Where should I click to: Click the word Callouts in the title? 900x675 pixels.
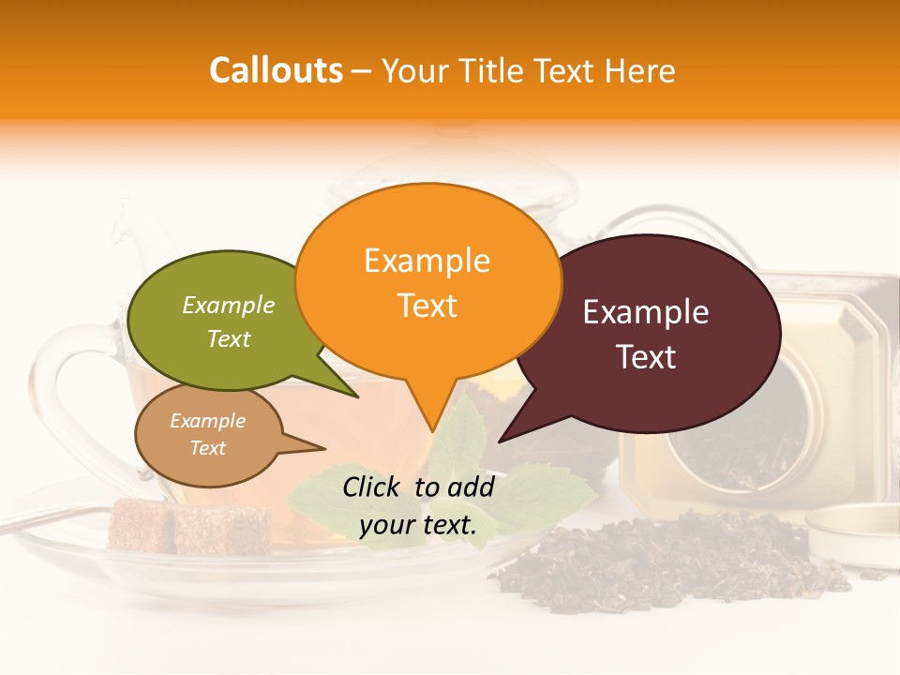pos(276,70)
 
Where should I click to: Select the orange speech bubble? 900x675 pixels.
pos(427,281)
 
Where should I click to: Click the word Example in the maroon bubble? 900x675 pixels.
pos(646,312)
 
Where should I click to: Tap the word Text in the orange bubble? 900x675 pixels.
pos(427,306)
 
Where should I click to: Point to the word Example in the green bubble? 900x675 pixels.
pos(229,305)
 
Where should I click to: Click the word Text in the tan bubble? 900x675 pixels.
pos(208,448)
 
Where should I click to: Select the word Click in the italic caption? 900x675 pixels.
pos(371,487)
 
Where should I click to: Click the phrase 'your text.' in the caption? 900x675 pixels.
pos(418,525)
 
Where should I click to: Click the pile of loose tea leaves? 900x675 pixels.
pos(675,562)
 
